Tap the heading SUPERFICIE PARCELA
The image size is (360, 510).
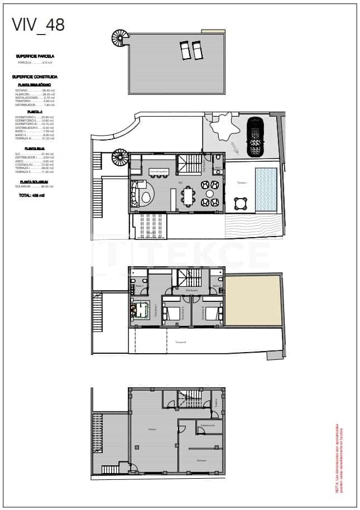tap(35, 56)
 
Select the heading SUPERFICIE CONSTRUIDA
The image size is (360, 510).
tap(37, 77)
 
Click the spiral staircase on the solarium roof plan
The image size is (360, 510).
tap(119, 39)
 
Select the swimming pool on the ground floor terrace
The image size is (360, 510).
tap(266, 190)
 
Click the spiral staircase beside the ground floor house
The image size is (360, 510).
tap(121, 158)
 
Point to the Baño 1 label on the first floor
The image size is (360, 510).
tap(140, 286)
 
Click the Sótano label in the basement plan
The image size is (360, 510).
tap(152, 429)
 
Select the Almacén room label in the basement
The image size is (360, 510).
tap(201, 460)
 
